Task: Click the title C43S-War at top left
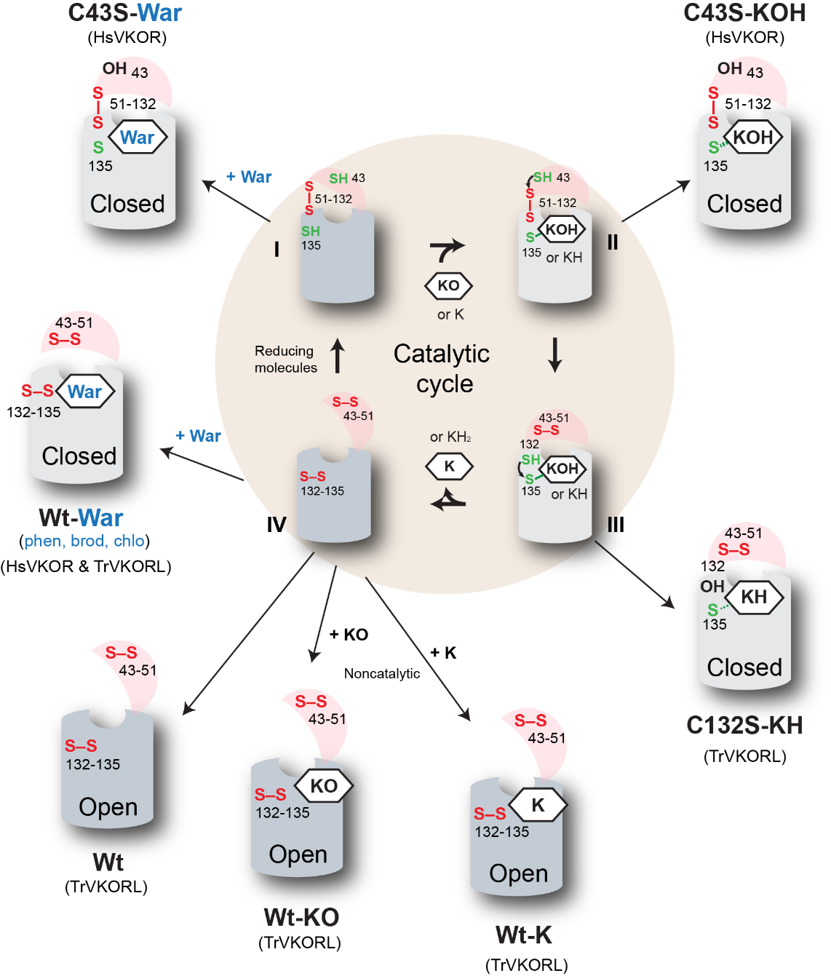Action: point(124,13)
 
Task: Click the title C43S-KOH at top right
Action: point(744,13)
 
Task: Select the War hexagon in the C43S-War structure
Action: point(138,138)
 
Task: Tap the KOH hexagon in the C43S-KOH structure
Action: point(753,138)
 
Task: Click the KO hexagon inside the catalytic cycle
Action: point(448,285)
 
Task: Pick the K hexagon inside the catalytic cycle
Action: point(449,466)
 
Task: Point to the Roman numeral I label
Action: point(277,250)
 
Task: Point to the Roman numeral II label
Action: point(613,242)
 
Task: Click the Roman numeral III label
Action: point(616,524)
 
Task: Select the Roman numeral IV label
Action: point(277,524)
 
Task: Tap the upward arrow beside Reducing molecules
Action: point(338,356)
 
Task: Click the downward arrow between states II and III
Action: point(555,354)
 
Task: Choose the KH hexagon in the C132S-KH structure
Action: point(754,598)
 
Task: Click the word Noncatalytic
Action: point(382,674)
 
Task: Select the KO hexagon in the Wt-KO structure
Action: point(324,786)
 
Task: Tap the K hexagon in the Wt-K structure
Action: point(538,805)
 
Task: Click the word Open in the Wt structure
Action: point(108,806)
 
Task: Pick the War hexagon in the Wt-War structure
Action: point(85,392)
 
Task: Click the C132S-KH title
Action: point(744,726)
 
